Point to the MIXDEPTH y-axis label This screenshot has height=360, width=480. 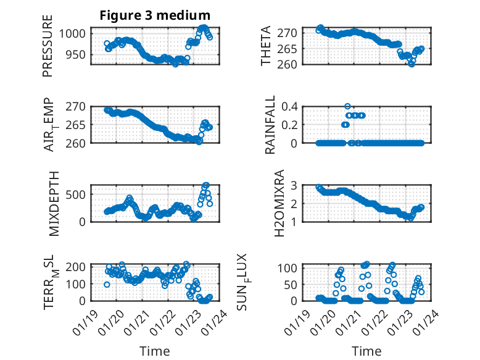point(52,204)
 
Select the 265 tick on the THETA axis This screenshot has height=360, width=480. point(291,48)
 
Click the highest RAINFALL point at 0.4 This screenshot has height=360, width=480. point(347,106)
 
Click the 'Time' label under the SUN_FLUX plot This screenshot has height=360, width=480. point(366,351)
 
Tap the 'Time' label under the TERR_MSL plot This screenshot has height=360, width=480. point(155,351)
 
